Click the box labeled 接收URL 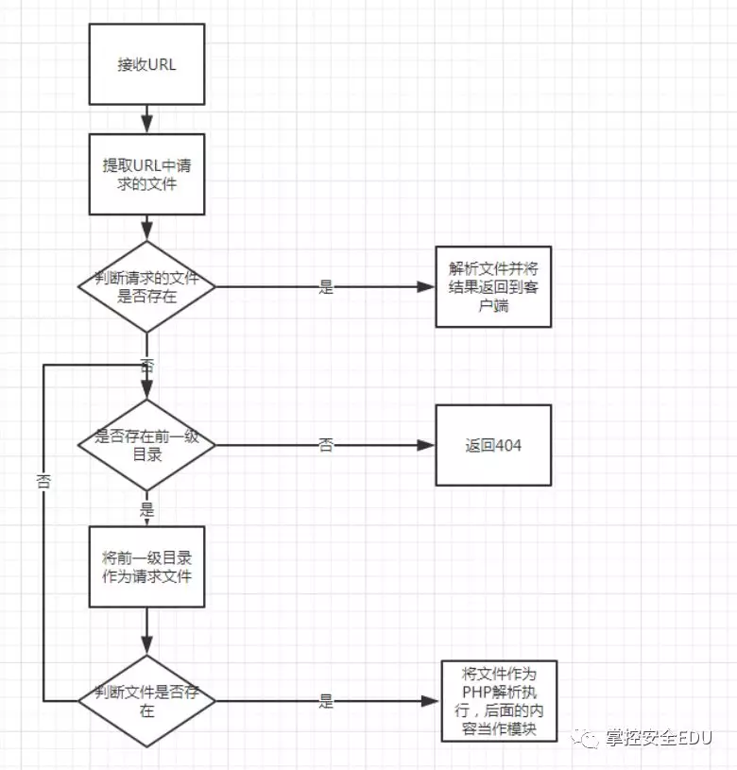pyautogui.click(x=146, y=65)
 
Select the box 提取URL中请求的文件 pyautogui.click(x=146, y=175)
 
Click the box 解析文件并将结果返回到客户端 pyautogui.click(x=493, y=287)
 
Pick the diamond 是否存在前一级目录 pyautogui.click(x=146, y=445)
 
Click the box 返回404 pyautogui.click(x=493, y=445)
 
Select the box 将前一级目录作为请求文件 pyautogui.click(x=146, y=566)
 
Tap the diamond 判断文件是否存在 pyautogui.click(x=146, y=701)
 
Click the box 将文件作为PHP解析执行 pyautogui.click(x=499, y=701)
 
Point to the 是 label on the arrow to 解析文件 pyautogui.click(x=326, y=288)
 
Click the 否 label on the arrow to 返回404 pyautogui.click(x=326, y=446)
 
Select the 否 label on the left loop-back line pyautogui.click(x=43, y=481)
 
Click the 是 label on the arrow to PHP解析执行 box pyautogui.click(x=326, y=702)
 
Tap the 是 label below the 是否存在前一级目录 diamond pyautogui.click(x=146, y=508)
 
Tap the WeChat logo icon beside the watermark pyautogui.click(x=589, y=738)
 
